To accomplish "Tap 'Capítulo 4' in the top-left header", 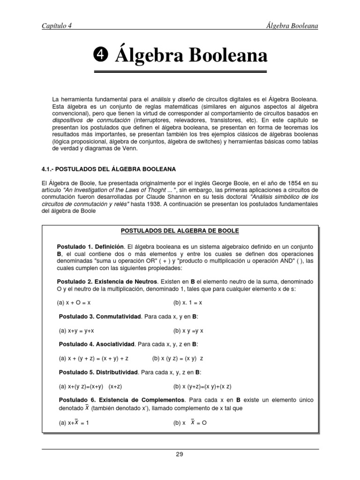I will tap(56, 26).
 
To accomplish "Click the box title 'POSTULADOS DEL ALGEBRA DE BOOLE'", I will tap(180, 231).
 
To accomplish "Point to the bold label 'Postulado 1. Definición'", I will tap(90, 246).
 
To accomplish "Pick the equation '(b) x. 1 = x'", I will tap(187, 303).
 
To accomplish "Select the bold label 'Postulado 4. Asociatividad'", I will tap(96, 344).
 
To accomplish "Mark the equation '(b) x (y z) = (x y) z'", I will tap(178, 358).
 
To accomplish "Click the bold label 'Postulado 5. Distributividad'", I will tap(98, 372).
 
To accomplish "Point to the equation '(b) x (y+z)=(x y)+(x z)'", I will tap(202, 386).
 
